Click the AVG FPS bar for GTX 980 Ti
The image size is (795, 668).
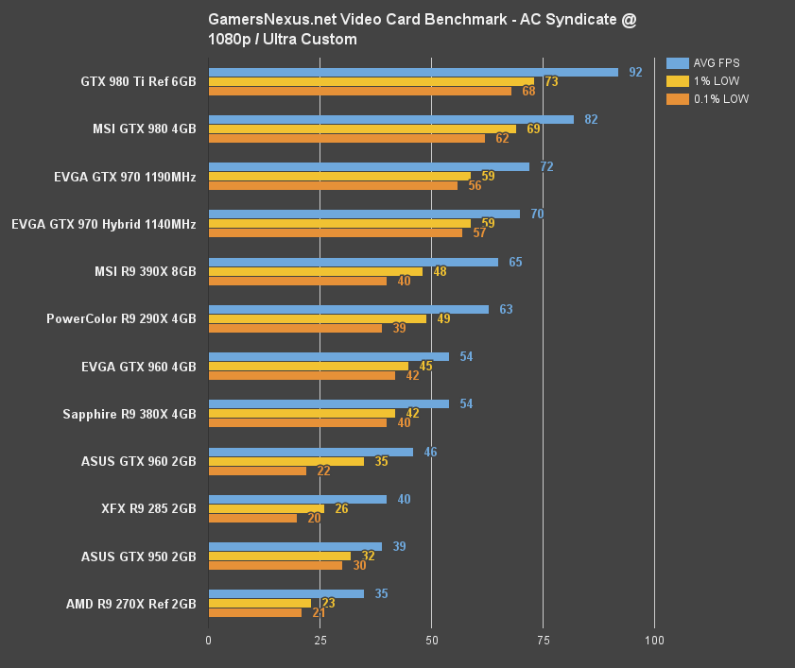(413, 72)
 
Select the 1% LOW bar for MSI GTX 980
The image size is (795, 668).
(362, 128)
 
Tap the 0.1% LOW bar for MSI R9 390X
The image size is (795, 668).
(297, 281)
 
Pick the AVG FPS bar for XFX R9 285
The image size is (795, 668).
(297, 499)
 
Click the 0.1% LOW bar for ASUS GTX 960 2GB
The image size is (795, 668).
(257, 471)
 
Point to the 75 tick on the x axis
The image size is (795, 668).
(543, 640)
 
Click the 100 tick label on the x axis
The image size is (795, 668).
(653, 640)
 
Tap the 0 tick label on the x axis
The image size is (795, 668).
(209, 640)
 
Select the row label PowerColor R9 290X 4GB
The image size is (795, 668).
(121, 318)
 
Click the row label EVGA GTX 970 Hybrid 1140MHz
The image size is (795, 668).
(104, 224)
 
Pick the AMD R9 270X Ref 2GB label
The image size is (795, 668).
(131, 604)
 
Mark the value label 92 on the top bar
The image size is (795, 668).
(635, 72)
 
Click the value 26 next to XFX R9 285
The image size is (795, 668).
(341, 508)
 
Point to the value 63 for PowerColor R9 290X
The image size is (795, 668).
(506, 309)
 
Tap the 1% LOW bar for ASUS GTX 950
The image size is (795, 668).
(279, 556)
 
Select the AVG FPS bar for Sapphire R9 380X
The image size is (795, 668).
(328, 403)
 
